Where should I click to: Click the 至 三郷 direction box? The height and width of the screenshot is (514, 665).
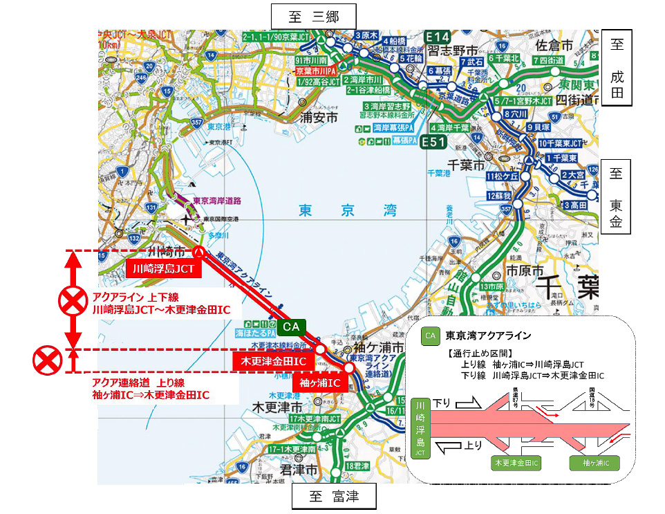313,15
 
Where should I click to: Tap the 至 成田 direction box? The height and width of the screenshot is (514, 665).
619,67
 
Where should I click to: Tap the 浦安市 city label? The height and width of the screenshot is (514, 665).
317,118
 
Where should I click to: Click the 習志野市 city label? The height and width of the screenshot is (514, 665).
453,52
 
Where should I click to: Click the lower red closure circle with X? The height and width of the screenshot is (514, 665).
46,360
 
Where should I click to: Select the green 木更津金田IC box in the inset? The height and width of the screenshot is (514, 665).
517,462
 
